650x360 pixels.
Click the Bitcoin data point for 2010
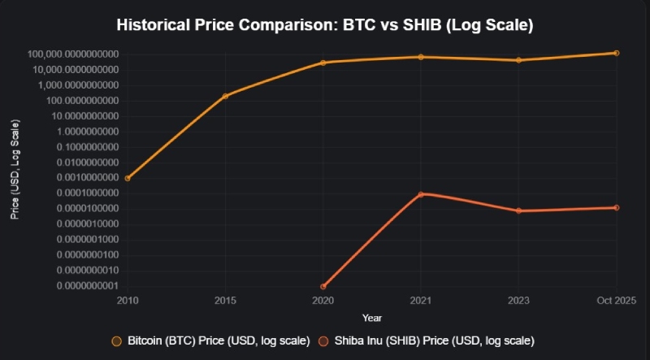[128, 178]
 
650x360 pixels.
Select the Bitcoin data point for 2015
[225, 96]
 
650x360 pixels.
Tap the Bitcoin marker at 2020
[323, 63]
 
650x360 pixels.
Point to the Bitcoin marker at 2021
[421, 57]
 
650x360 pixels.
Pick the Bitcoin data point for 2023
[518, 60]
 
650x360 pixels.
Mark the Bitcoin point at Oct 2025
[617, 53]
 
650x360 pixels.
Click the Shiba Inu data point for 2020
[323, 286]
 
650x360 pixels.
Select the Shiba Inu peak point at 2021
[421, 194]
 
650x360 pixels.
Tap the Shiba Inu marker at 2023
[518, 210]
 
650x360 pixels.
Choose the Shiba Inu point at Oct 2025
[617, 207]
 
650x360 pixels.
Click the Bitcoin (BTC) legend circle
[116, 340]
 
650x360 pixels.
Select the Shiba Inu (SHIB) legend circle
[323, 340]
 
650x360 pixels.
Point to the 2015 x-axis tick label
[225, 301]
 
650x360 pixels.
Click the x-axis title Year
[372, 317]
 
